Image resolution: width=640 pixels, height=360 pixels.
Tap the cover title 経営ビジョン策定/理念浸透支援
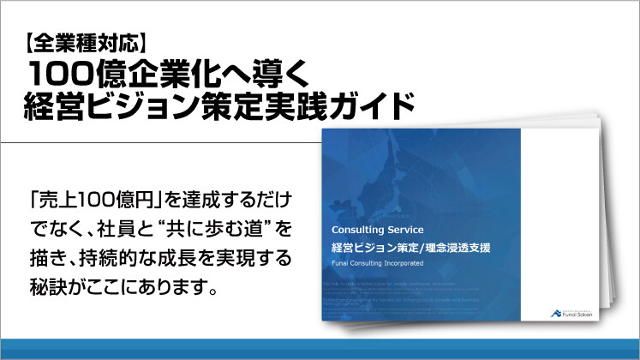pos(411,248)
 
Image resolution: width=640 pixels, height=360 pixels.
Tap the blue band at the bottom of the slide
pos(320,350)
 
